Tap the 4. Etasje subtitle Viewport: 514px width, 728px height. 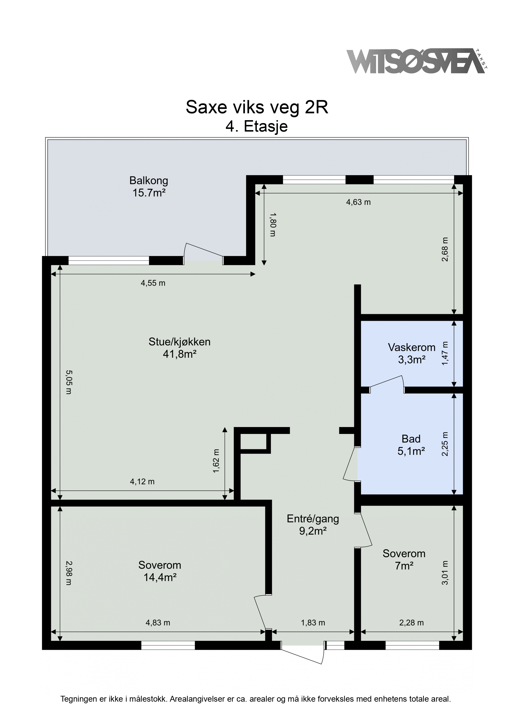tap(257, 127)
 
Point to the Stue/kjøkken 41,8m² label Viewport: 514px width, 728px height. tap(179, 348)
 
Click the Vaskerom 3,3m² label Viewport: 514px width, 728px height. tap(412, 353)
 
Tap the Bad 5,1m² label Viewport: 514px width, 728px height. tap(411, 445)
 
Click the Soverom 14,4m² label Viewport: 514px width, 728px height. tap(160, 571)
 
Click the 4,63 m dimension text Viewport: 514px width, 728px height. tap(358, 202)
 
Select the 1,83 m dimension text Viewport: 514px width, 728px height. tap(313, 622)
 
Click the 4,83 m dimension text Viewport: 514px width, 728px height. tap(158, 622)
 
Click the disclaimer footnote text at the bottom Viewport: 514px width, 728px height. tap(256, 699)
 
